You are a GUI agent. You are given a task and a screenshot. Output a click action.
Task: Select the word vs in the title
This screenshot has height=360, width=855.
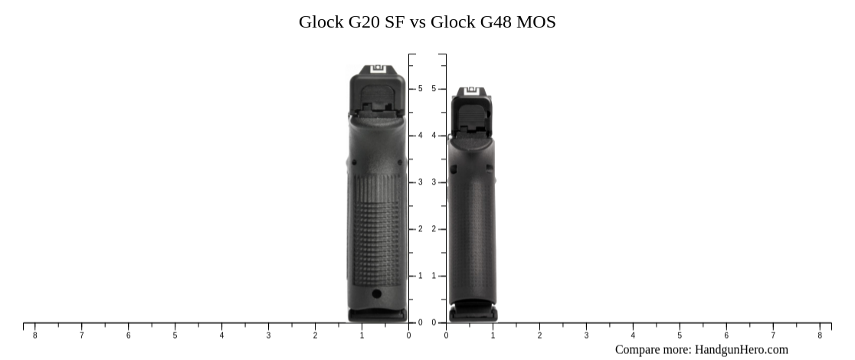coord(418,21)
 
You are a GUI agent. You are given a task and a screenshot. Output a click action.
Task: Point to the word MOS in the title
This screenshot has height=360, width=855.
coord(536,21)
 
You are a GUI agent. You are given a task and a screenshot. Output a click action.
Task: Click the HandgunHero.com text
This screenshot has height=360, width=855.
coord(741,349)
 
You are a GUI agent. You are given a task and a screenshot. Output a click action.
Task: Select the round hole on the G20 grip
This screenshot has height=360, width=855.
coord(376,293)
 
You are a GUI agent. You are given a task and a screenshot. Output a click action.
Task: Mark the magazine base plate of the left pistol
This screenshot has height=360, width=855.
coord(378,314)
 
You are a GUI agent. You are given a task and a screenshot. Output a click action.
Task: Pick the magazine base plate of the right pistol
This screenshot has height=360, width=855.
coord(472,312)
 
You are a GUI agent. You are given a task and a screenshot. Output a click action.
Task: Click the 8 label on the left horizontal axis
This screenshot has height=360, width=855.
coord(34,335)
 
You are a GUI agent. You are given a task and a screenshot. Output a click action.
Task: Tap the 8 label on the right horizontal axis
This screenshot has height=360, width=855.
coord(819,335)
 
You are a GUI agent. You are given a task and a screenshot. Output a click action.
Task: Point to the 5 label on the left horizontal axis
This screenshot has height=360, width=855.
coord(175,335)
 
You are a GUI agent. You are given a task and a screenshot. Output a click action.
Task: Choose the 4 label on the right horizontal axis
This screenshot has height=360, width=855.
coord(633,335)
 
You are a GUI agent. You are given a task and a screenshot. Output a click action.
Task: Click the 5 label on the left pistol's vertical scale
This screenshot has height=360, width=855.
coord(420,89)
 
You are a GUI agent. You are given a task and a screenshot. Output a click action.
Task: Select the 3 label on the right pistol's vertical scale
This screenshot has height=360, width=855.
coord(434,182)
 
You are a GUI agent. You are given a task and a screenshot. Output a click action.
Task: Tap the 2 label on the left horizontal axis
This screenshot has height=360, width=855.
coord(315,335)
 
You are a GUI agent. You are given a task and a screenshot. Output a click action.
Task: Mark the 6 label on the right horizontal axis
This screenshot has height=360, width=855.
coord(726,335)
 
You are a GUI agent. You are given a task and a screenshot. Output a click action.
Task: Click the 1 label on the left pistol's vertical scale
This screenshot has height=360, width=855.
coord(420,276)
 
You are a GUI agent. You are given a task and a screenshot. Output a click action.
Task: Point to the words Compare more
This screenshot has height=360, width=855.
coord(652,349)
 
